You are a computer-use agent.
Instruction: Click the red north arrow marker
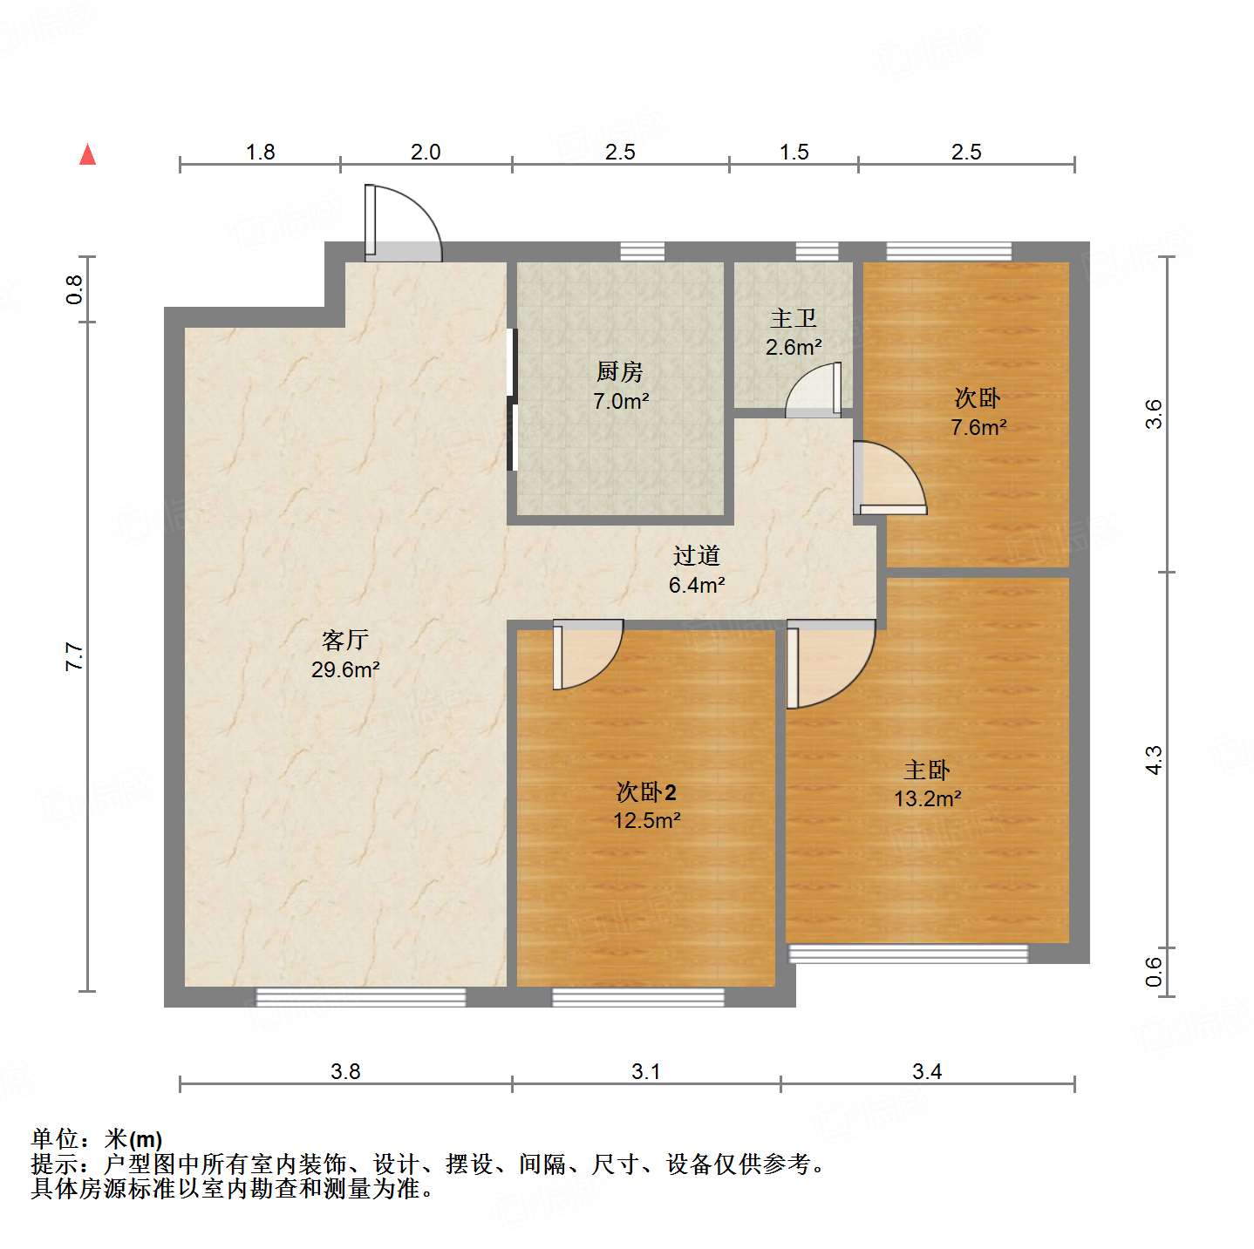pos(87,154)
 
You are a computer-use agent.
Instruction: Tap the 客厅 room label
pos(345,641)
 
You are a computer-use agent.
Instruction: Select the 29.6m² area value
pos(345,670)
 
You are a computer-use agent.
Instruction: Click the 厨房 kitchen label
pos(620,372)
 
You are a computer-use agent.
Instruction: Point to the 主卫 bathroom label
pos(794,319)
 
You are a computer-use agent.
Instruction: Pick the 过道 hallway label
pos(696,556)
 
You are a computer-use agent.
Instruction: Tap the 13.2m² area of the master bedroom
pos(927,799)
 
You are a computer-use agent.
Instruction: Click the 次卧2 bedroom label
pos(646,792)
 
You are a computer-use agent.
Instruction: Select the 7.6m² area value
pos(978,428)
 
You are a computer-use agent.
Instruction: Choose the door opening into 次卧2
pos(585,654)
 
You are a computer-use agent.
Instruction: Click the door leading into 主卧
pos(828,662)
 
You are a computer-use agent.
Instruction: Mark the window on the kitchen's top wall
pos(642,252)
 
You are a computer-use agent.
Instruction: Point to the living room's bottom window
pos(360,996)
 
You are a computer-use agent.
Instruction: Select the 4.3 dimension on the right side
pos(1154,759)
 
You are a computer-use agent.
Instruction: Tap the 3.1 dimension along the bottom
pos(646,1071)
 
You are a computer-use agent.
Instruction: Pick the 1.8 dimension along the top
pos(260,153)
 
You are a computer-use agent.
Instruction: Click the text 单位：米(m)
pos(97,1139)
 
